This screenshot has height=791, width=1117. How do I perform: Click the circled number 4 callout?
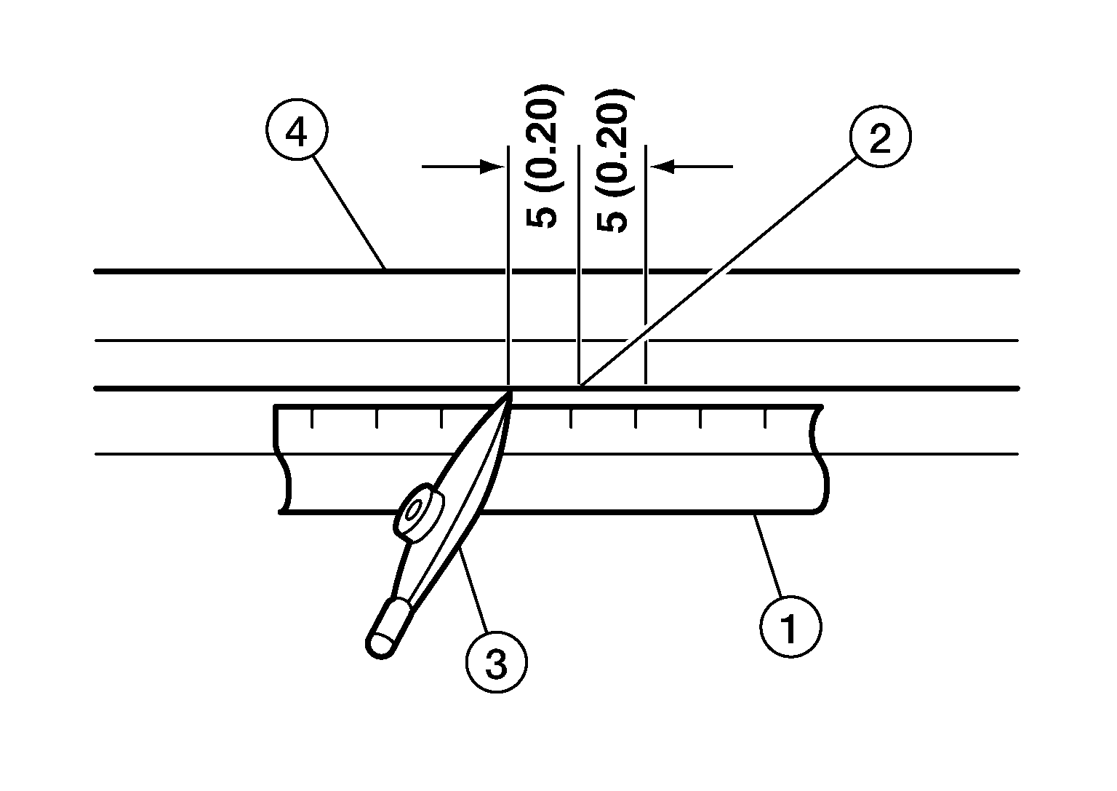pos(297,130)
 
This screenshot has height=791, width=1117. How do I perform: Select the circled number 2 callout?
pos(880,136)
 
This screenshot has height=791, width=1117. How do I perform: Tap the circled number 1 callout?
pos(791,627)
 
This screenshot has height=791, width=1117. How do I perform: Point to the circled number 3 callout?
pos(496,661)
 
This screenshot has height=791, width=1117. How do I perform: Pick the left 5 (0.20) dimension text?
pos(543,156)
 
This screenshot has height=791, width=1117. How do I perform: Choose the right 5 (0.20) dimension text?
pos(614,162)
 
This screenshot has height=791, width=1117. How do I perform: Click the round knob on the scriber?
pos(419,512)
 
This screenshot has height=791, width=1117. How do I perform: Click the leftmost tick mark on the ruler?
pos(312,418)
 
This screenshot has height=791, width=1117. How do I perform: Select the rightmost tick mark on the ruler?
pos(765,418)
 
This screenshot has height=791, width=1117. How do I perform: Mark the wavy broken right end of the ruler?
pos(820,459)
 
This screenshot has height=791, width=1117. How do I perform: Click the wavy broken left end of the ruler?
pos(281,459)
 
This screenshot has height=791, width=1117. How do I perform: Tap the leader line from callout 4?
pos(349,213)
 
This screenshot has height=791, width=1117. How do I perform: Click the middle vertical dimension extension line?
pos(578,265)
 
